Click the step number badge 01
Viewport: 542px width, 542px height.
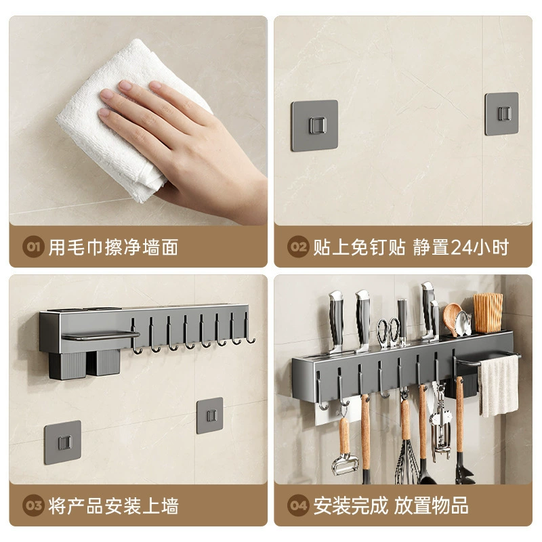pyautogui.click(x=33, y=247)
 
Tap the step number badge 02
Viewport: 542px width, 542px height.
pyautogui.click(x=298, y=247)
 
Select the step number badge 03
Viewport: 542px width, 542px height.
pyautogui.click(x=33, y=505)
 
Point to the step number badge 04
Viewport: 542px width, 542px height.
pyautogui.click(x=298, y=505)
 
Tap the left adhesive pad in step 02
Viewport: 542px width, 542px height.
pyautogui.click(x=314, y=125)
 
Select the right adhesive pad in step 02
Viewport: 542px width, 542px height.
pyautogui.click(x=501, y=114)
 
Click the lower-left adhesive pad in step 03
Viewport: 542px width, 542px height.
pyautogui.click(x=62, y=442)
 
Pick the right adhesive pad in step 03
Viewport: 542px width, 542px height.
pyautogui.click(x=210, y=415)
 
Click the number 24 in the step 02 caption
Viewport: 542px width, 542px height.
pyautogui.click(x=463, y=247)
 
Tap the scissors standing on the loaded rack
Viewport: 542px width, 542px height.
pyautogui.click(x=388, y=333)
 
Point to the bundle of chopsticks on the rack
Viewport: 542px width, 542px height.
pyautogui.click(x=488, y=313)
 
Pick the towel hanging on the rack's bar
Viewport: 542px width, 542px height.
pyautogui.click(x=499, y=386)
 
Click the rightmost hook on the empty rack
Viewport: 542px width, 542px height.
pyautogui.click(x=249, y=329)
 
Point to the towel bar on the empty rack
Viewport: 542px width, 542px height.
pyautogui.click(x=100, y=335)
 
